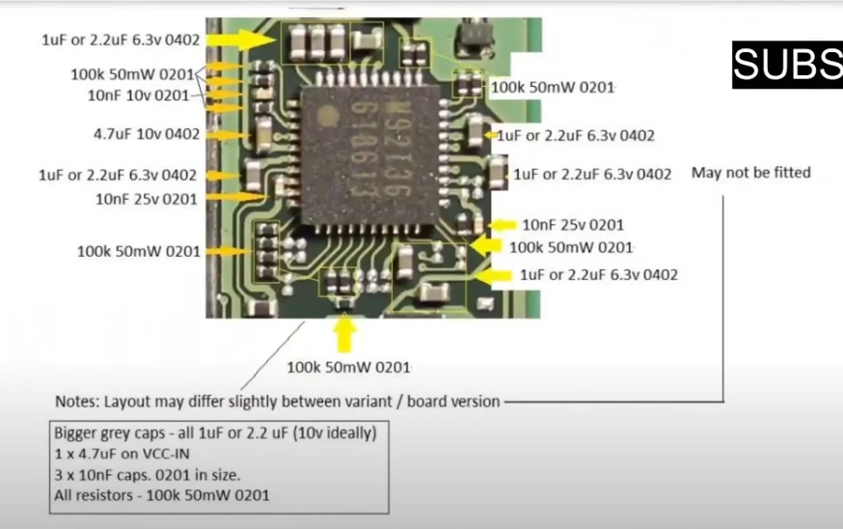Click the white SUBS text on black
(x=787, y=65)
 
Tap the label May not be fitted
(x=750, y=173)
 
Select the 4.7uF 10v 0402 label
(x=147, y=134)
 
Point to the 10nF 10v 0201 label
(x=138, y=96)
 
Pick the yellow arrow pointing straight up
(x=344, y=334)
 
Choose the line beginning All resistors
(x=161, y=495)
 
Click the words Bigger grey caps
(x=111, y=432)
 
